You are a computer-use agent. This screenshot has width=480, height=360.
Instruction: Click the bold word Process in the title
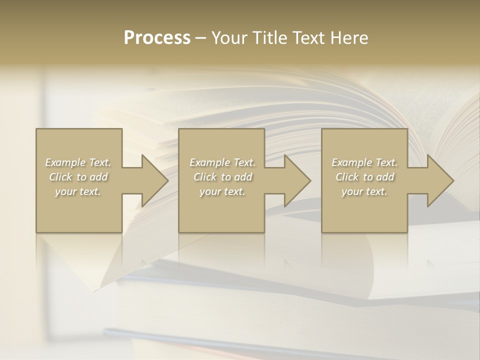pyautogui.click(x=157, y=38)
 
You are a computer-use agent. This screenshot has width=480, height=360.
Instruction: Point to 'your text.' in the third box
pyautogui.click(x=364, y=191)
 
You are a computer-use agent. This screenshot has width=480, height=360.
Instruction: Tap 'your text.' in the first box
pyautogui.click(x=78, y=191)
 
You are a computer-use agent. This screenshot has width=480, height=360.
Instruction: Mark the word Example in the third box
pyautogui.click(x=352, y=162)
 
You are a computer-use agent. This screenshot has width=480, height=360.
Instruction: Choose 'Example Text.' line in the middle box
pyautogui.click(x=222, y=162)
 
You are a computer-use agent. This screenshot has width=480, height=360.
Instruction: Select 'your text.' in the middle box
pyautogui.click(x=222, y=191)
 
